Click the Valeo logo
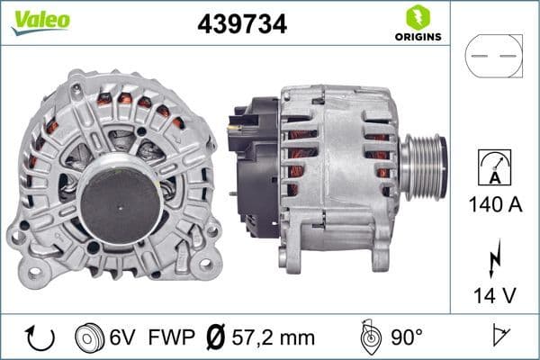[x=40, y=21]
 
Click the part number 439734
[x=242, y=24]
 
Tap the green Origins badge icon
[x=417, y=16]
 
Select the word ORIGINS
[x=418, y=38]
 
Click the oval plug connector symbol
[x=493, y=56]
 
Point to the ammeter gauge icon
[x=493, y=168]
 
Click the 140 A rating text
[x=493, y=204]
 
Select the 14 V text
[x=494, y=293]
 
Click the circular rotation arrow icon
[x=40, y=337]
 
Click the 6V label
[x=122, y=337]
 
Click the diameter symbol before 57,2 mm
[x=216, y=337]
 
